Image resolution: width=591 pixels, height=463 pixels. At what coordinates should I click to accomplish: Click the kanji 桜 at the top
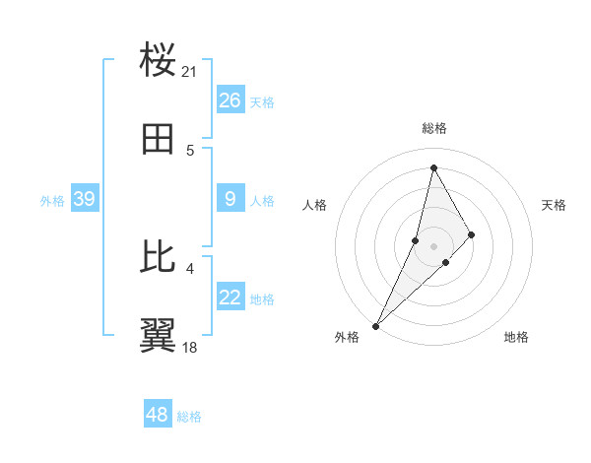(159, 60)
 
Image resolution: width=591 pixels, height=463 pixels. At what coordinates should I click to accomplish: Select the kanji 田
(159, 139)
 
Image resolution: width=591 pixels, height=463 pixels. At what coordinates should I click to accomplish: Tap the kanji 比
(159, 257)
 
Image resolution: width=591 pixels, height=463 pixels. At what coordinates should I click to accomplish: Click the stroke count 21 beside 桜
(190, 72)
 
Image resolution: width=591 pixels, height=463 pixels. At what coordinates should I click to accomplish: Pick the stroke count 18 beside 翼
(190, 348)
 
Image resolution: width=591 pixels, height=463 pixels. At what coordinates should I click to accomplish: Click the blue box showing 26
(230, 100)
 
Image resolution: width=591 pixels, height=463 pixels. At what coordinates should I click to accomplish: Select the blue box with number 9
(230, 199)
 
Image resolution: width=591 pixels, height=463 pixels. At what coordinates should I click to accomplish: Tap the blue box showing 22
(230, 298)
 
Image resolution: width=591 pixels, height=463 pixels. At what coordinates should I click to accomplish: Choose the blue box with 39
(84, 199)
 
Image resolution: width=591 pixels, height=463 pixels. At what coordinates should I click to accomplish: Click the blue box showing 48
(158, 415)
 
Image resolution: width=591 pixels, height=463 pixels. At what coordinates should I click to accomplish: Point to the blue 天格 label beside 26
(262, 101)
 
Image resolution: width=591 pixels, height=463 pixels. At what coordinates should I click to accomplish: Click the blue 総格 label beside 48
(189, 417)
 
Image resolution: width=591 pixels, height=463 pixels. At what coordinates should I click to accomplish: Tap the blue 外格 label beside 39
(52, 200)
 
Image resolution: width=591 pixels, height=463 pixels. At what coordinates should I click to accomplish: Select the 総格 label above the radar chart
(434, 128)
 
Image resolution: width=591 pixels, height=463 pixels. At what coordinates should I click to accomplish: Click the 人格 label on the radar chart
(314, 205)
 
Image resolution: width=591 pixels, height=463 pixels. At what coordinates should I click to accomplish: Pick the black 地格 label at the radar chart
(516, 337)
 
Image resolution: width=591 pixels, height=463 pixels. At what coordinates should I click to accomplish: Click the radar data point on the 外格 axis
(375, 325)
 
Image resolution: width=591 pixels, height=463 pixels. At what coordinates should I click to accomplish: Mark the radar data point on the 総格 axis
(433, 167)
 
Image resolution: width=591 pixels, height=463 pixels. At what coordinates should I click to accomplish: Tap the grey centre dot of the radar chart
(433, 245)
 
